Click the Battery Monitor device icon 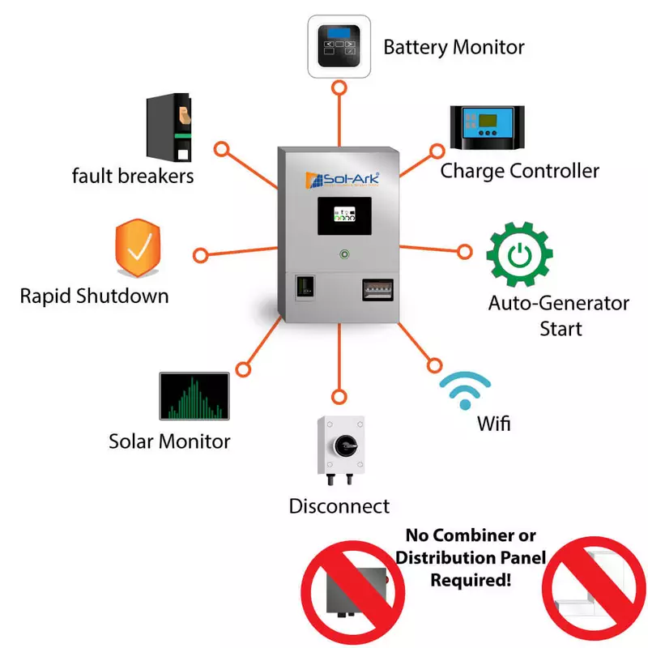coord(339,46)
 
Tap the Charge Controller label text coord(519,171)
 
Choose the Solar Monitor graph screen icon coord(194,396)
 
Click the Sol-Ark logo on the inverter coord(340,177)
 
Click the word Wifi coord(493,423)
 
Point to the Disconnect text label coord(339,506)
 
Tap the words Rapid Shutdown coord(94,296)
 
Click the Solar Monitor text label coord(169,441)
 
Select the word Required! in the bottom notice coord(471,580)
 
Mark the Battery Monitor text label coord(454,47)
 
